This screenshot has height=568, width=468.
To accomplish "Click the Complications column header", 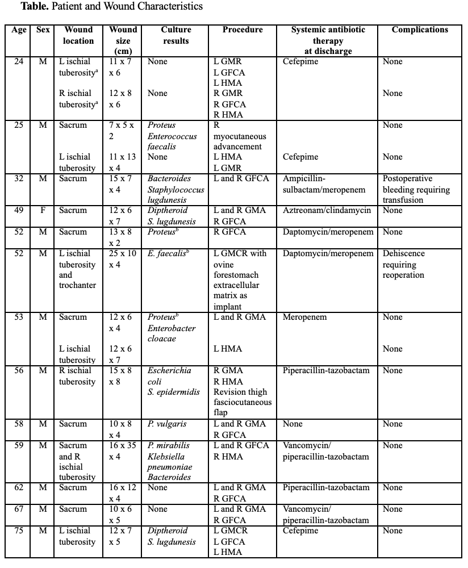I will pos(420,30).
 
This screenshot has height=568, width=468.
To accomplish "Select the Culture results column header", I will pos(176,35).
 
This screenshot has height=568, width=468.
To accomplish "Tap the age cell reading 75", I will pos(19,531).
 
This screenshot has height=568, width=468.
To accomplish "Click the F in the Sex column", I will pos(43,211).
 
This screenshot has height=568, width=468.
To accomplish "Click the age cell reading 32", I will pos(19,179).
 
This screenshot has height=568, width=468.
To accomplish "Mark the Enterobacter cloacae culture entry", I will pos(172,333).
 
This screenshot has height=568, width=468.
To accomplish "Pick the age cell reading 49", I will pos(19,211).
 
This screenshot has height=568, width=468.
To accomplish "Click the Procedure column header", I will pos(243,30).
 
